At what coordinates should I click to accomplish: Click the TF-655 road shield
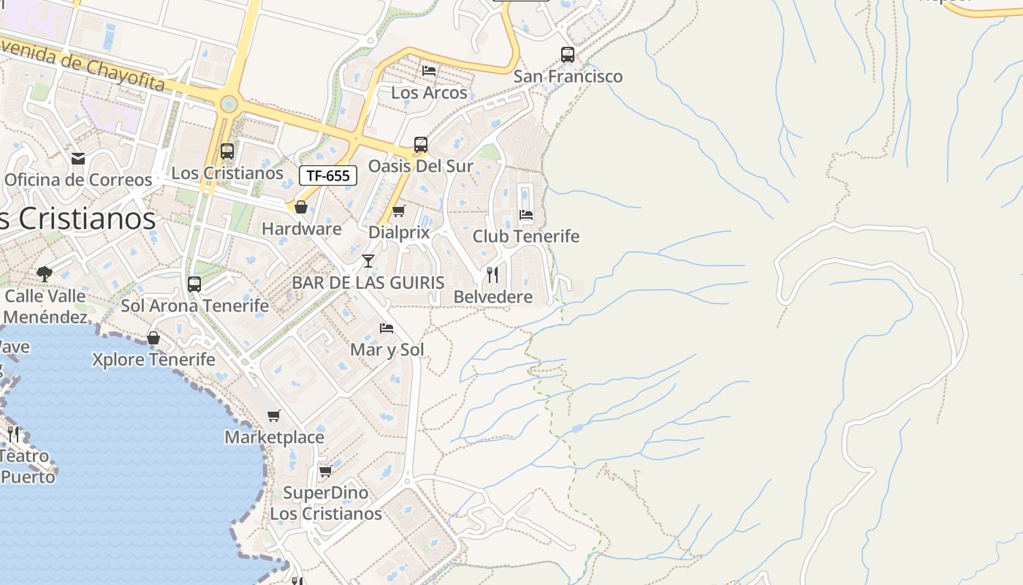tap(328, 175)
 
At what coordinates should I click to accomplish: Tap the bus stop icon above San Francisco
tap(567, 54)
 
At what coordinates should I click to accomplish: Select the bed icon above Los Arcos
tap(429, 70)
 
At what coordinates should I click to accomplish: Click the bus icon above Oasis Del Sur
tap(420, 145)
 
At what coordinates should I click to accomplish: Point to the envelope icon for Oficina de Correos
tap(78, 158)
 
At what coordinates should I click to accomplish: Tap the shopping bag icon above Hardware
tap(300, 208)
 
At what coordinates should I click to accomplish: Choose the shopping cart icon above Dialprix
tap(398, 211)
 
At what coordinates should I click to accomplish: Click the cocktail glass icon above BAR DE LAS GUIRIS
tap(368, 261)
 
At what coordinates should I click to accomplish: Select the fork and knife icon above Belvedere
tap(493, 275)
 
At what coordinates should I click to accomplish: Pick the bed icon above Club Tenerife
tap(525, 215)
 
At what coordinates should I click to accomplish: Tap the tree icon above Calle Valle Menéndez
tap(45, 274)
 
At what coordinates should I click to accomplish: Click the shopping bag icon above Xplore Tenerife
tap(153, 338)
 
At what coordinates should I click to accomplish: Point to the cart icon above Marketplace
tap(274, 415)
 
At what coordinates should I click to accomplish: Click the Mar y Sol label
tap(387, 350)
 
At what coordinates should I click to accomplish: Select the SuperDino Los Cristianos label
tap(326, 503)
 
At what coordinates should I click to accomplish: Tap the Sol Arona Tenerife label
tap(194, 306)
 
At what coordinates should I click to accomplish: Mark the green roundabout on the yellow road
tap(229, 105)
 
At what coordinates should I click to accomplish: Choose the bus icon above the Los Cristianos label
tap(227, 151)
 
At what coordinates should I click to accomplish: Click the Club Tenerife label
tap(525, 236)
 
